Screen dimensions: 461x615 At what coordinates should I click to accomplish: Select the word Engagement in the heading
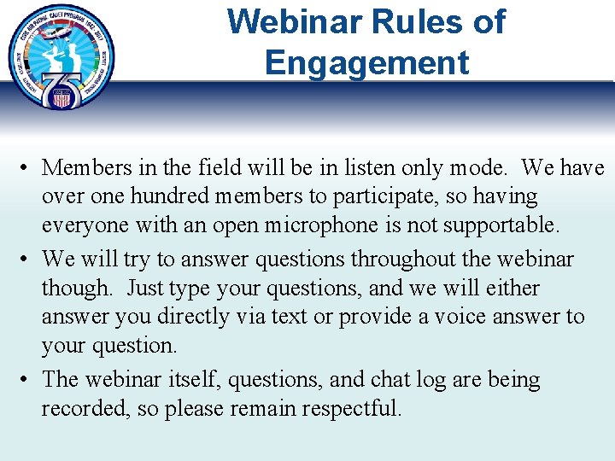366,63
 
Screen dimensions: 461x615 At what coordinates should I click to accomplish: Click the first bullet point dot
27,168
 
